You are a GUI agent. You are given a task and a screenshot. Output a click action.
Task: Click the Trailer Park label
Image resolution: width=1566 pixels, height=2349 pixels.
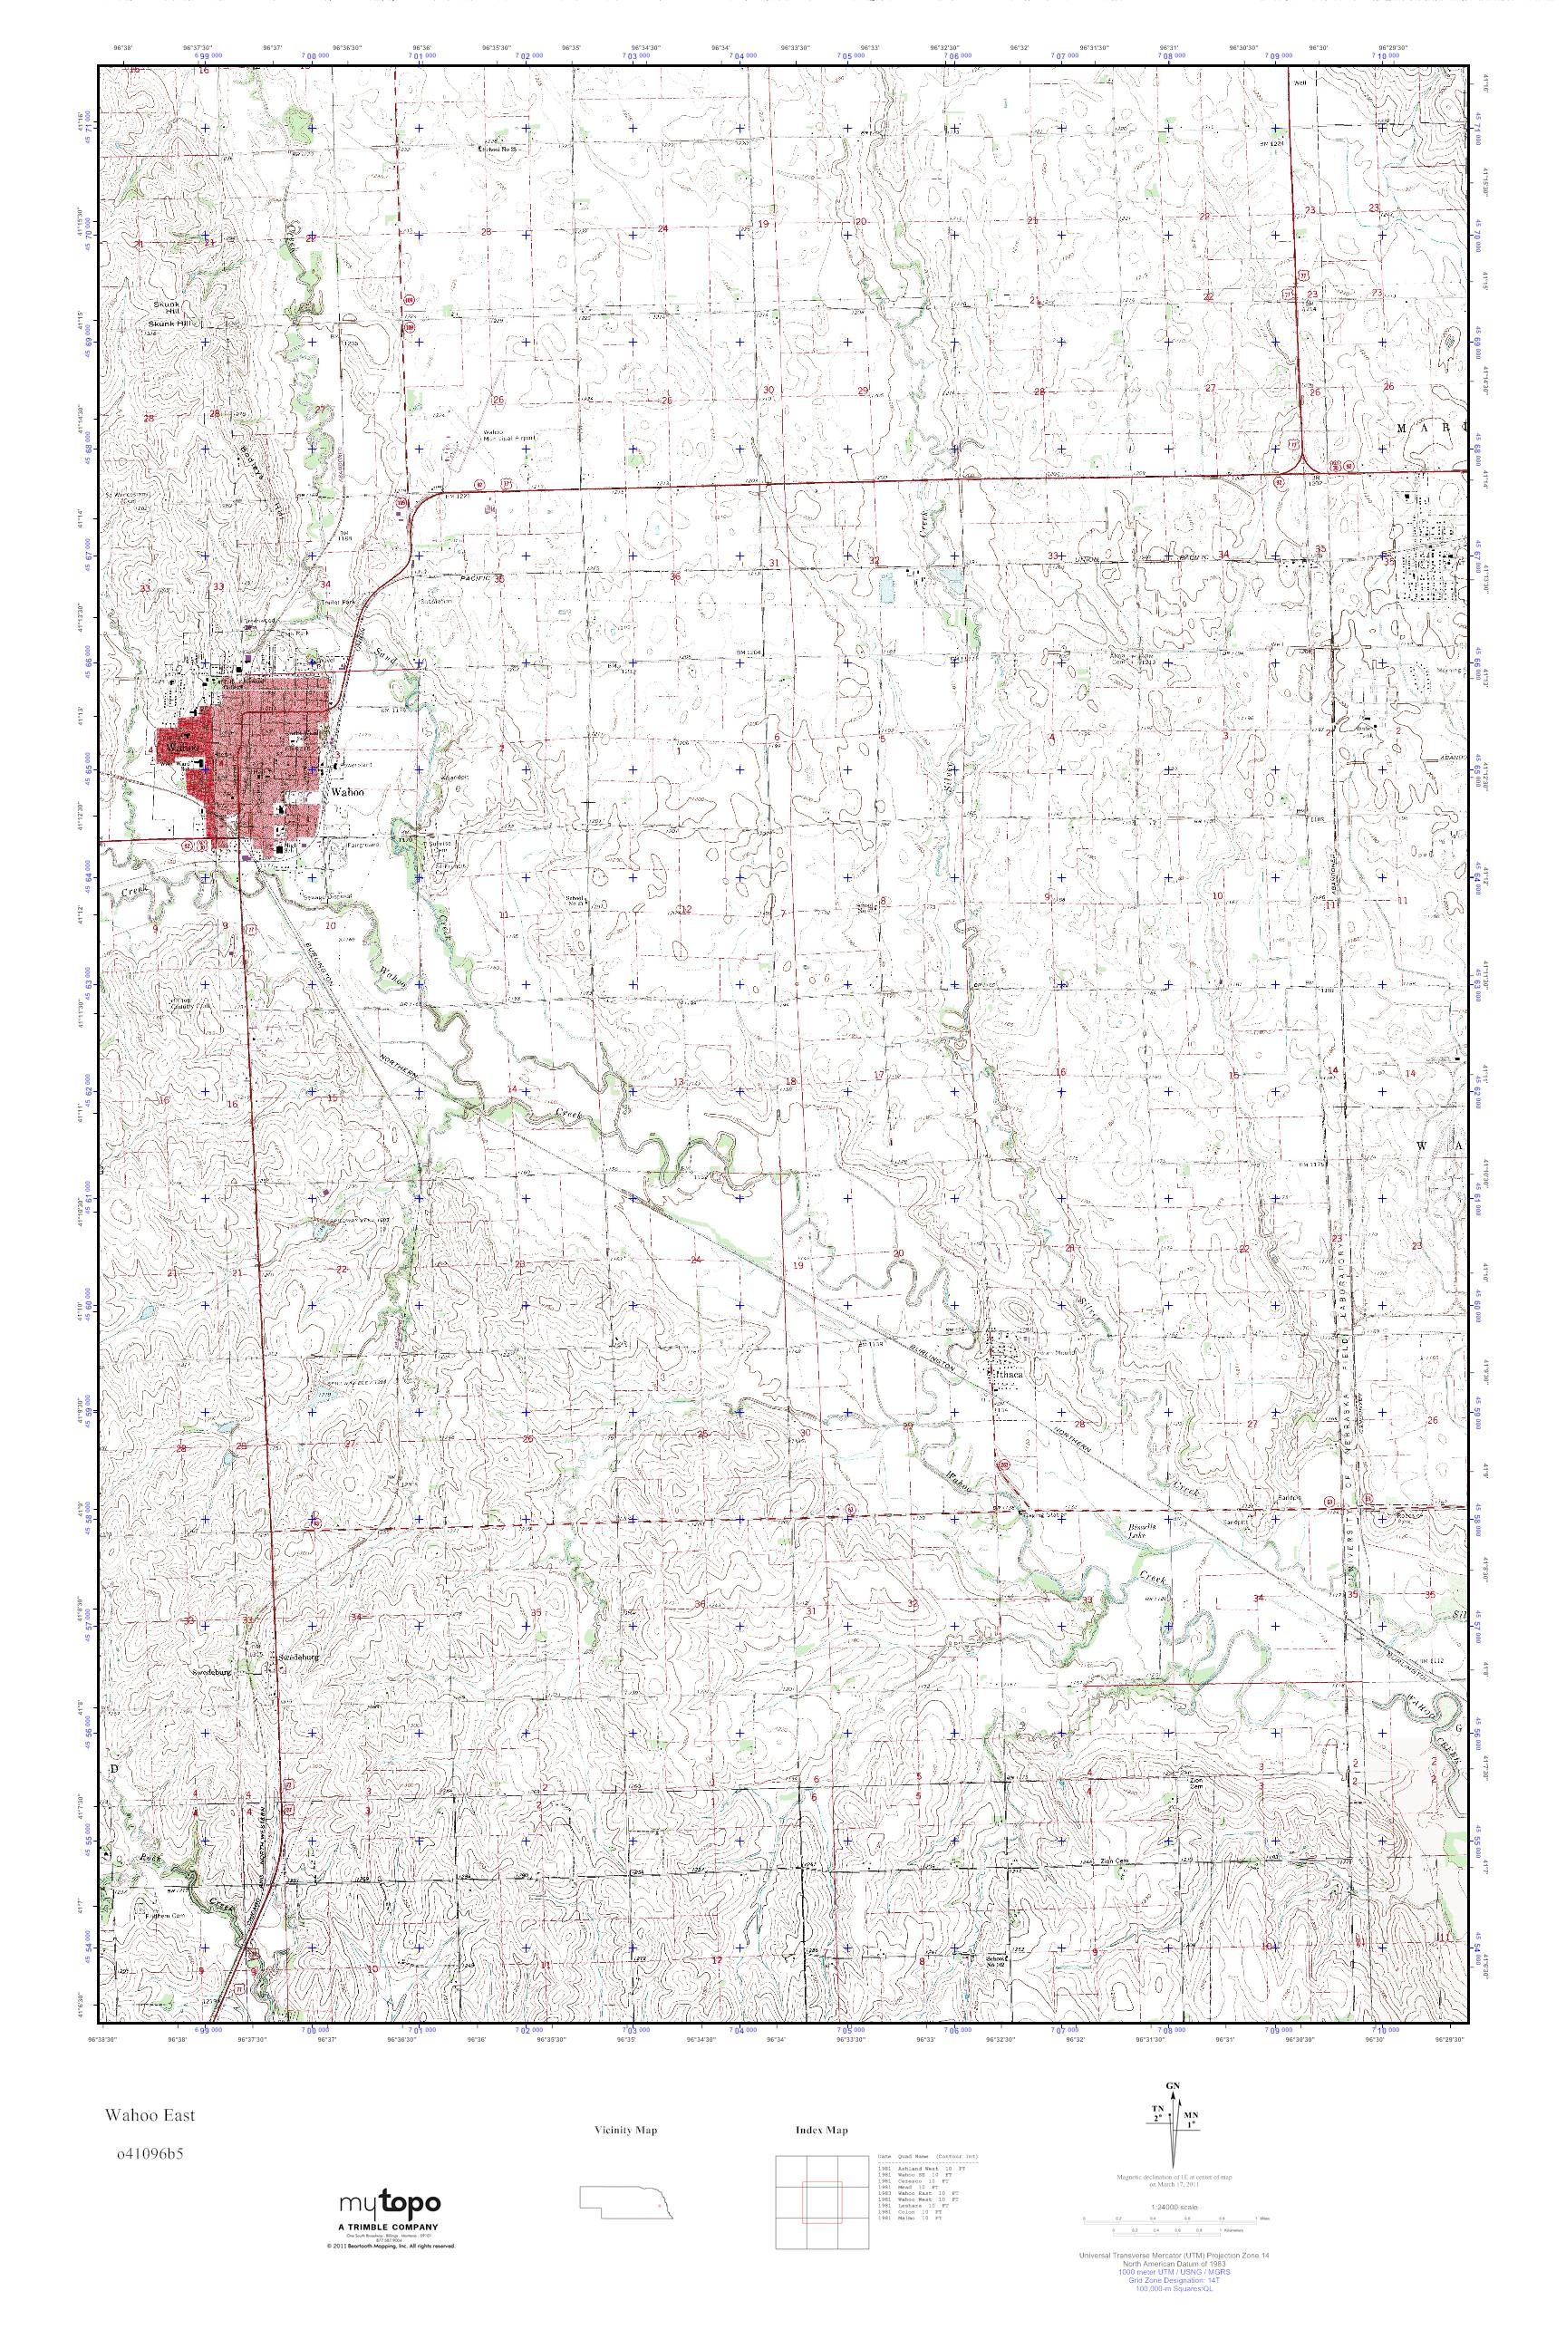point(303,603)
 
